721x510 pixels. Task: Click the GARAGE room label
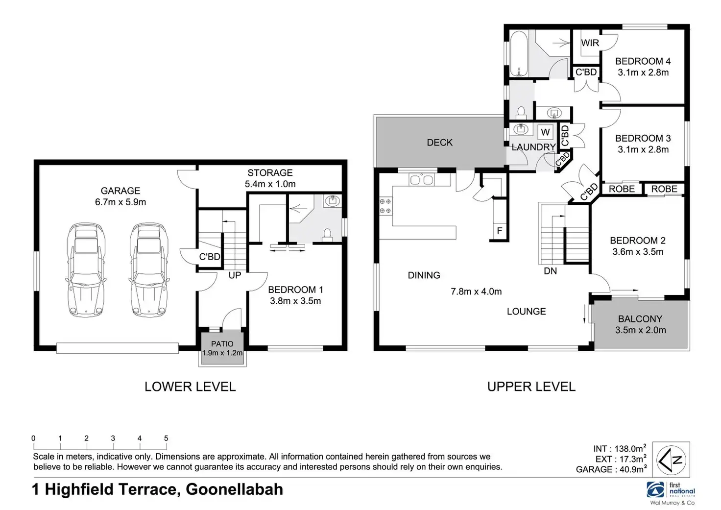pos(120,191)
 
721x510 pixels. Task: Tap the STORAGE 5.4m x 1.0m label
pos(270,178)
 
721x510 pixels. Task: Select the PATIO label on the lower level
pos(222,344)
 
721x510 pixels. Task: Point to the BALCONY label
pos(640,319)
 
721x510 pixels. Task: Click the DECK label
pos(440,143)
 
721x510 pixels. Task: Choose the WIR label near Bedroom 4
pos(590,43)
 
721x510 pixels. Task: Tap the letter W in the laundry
pos(545,132)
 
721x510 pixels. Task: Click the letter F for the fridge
pos(500,231)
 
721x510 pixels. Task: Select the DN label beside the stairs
pos(551,271)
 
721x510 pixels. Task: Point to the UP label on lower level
pos(235,275)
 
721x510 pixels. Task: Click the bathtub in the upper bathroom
pos(518,54)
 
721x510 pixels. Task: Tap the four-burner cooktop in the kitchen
pos(385,206)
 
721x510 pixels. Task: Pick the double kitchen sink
pos(421,180)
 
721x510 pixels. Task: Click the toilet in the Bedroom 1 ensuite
pos(327,235)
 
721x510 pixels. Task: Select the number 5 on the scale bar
pos(166,438)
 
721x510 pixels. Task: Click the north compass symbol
pos(671,460)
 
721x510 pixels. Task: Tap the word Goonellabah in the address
pos(234,489)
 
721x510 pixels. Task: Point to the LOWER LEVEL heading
pos(190,387)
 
